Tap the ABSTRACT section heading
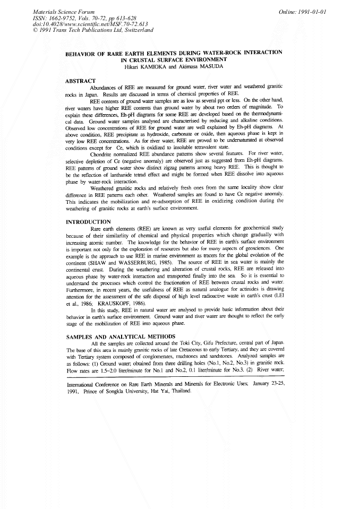(x=80, y=81)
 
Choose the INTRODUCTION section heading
(x=88, y=221)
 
